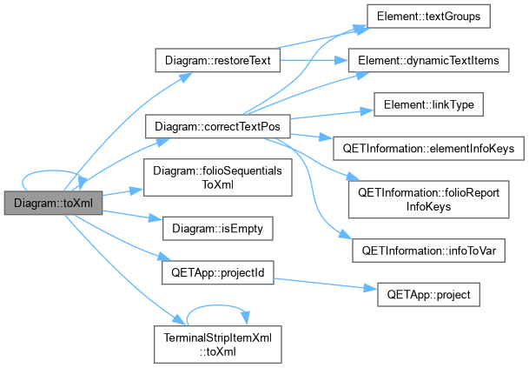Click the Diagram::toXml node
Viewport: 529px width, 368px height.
click(x=53, y=203)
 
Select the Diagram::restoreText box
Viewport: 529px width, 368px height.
click(x=218, y=60)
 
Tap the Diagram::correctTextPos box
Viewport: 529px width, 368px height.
click(x=218, y=126)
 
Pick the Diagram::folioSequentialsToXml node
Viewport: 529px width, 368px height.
click(x=218, y=177)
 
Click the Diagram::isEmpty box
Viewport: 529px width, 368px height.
click(x=218, y=229)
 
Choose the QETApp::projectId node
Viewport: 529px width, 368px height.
click(x=218, y=272)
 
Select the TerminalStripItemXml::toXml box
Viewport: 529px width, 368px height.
click(x=218, y=345)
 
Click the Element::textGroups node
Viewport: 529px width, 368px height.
click(x=428, y=17)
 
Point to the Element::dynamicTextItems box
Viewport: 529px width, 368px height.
click(x=428, y=60)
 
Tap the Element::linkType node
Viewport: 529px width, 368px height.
click(x=428, y=104)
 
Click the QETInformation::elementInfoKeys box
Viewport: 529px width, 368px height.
click(x=428, y=149)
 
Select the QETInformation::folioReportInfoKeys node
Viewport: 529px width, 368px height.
click(x=428, y=199)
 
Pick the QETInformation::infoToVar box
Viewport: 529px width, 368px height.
click(x=428, y=251)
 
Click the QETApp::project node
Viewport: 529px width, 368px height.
click(x=428, y=295)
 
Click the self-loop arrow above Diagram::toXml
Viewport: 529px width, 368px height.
click(x=50, y=171)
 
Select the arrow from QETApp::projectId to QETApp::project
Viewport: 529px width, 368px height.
click(x=325, y=284)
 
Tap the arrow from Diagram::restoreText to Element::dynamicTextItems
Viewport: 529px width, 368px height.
click(x=314, y=60)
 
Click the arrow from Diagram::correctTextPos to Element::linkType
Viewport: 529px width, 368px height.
click(x=332, y=114)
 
